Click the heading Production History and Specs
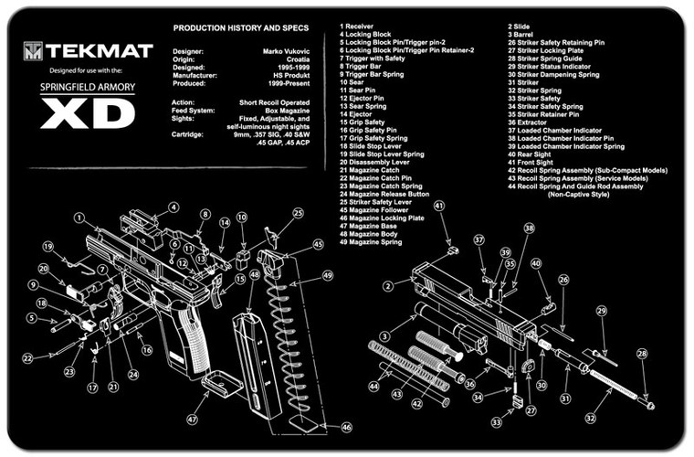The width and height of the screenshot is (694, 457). [235, 29]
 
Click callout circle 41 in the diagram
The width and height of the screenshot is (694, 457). [439, 207]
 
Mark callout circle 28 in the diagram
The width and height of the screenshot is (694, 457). [642, 353]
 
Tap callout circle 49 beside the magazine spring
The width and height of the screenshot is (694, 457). [327, 276]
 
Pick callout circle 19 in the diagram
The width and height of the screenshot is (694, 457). [47, 246]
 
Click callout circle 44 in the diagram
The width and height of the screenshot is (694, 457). [373, 388]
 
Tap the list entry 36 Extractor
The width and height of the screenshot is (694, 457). [531, 122]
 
